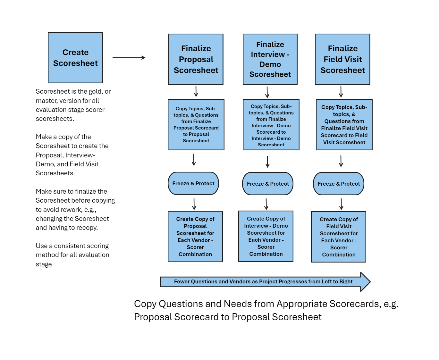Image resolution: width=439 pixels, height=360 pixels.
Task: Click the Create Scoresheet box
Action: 75,58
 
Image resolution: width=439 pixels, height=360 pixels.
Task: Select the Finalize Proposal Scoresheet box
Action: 196,59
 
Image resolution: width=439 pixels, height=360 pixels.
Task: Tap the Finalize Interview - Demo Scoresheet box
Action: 270,59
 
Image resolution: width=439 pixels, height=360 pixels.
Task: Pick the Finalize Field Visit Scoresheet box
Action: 342,59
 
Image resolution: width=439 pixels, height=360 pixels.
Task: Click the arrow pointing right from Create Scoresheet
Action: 129,57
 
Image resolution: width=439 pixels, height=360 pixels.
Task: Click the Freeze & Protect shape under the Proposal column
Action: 193,183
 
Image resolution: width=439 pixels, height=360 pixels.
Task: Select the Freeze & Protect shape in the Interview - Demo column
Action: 268,184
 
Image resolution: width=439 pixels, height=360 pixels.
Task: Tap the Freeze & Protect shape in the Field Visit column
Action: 338,184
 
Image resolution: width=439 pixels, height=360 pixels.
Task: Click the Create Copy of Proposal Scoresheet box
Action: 195,236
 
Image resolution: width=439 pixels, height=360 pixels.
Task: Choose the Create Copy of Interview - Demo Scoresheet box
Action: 266,236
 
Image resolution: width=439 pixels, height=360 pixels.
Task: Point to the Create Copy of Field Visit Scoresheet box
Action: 338,237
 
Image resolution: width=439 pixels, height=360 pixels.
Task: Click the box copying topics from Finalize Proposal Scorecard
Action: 196,124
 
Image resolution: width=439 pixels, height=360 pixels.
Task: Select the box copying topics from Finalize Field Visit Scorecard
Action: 344,124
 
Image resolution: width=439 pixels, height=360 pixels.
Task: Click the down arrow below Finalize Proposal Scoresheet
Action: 196,91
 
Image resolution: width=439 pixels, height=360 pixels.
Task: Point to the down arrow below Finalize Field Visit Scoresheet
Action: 341,92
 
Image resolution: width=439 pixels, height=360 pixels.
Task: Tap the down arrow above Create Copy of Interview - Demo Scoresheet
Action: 266,204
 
